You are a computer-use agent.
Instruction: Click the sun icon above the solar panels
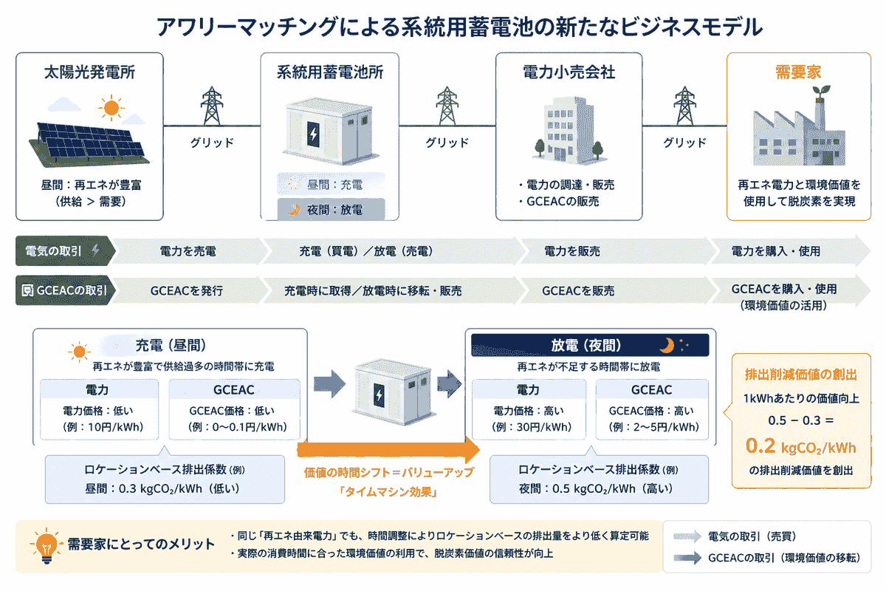point(111,109)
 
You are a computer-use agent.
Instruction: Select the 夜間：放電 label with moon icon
point(331,210)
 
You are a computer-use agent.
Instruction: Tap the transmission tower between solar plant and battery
point(212,107)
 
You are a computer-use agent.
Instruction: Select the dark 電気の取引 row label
point(62,251)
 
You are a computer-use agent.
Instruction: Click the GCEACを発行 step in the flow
point(187,291)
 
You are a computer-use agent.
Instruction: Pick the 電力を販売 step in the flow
point(572,251)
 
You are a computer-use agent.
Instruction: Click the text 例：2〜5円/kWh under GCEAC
point(653,427)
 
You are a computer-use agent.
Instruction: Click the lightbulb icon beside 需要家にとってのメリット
point(43,546)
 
